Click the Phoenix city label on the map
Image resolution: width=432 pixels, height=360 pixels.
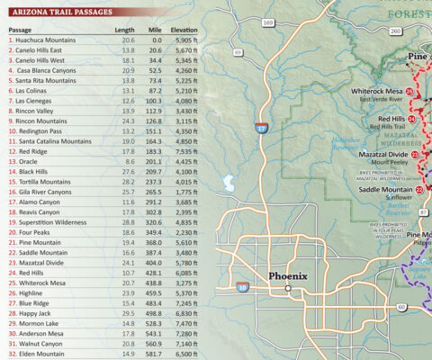288,276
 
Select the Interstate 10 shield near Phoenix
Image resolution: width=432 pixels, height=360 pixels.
242,286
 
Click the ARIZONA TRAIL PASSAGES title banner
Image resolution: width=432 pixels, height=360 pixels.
62,12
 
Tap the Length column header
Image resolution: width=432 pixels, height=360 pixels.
124,30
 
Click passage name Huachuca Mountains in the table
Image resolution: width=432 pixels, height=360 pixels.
46,40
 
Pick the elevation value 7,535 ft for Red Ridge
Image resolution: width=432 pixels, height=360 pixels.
183,152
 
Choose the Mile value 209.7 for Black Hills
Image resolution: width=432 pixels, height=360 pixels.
155,171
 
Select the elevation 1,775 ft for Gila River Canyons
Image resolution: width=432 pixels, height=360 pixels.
183,192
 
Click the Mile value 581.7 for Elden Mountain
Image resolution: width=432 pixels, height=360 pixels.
155,354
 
